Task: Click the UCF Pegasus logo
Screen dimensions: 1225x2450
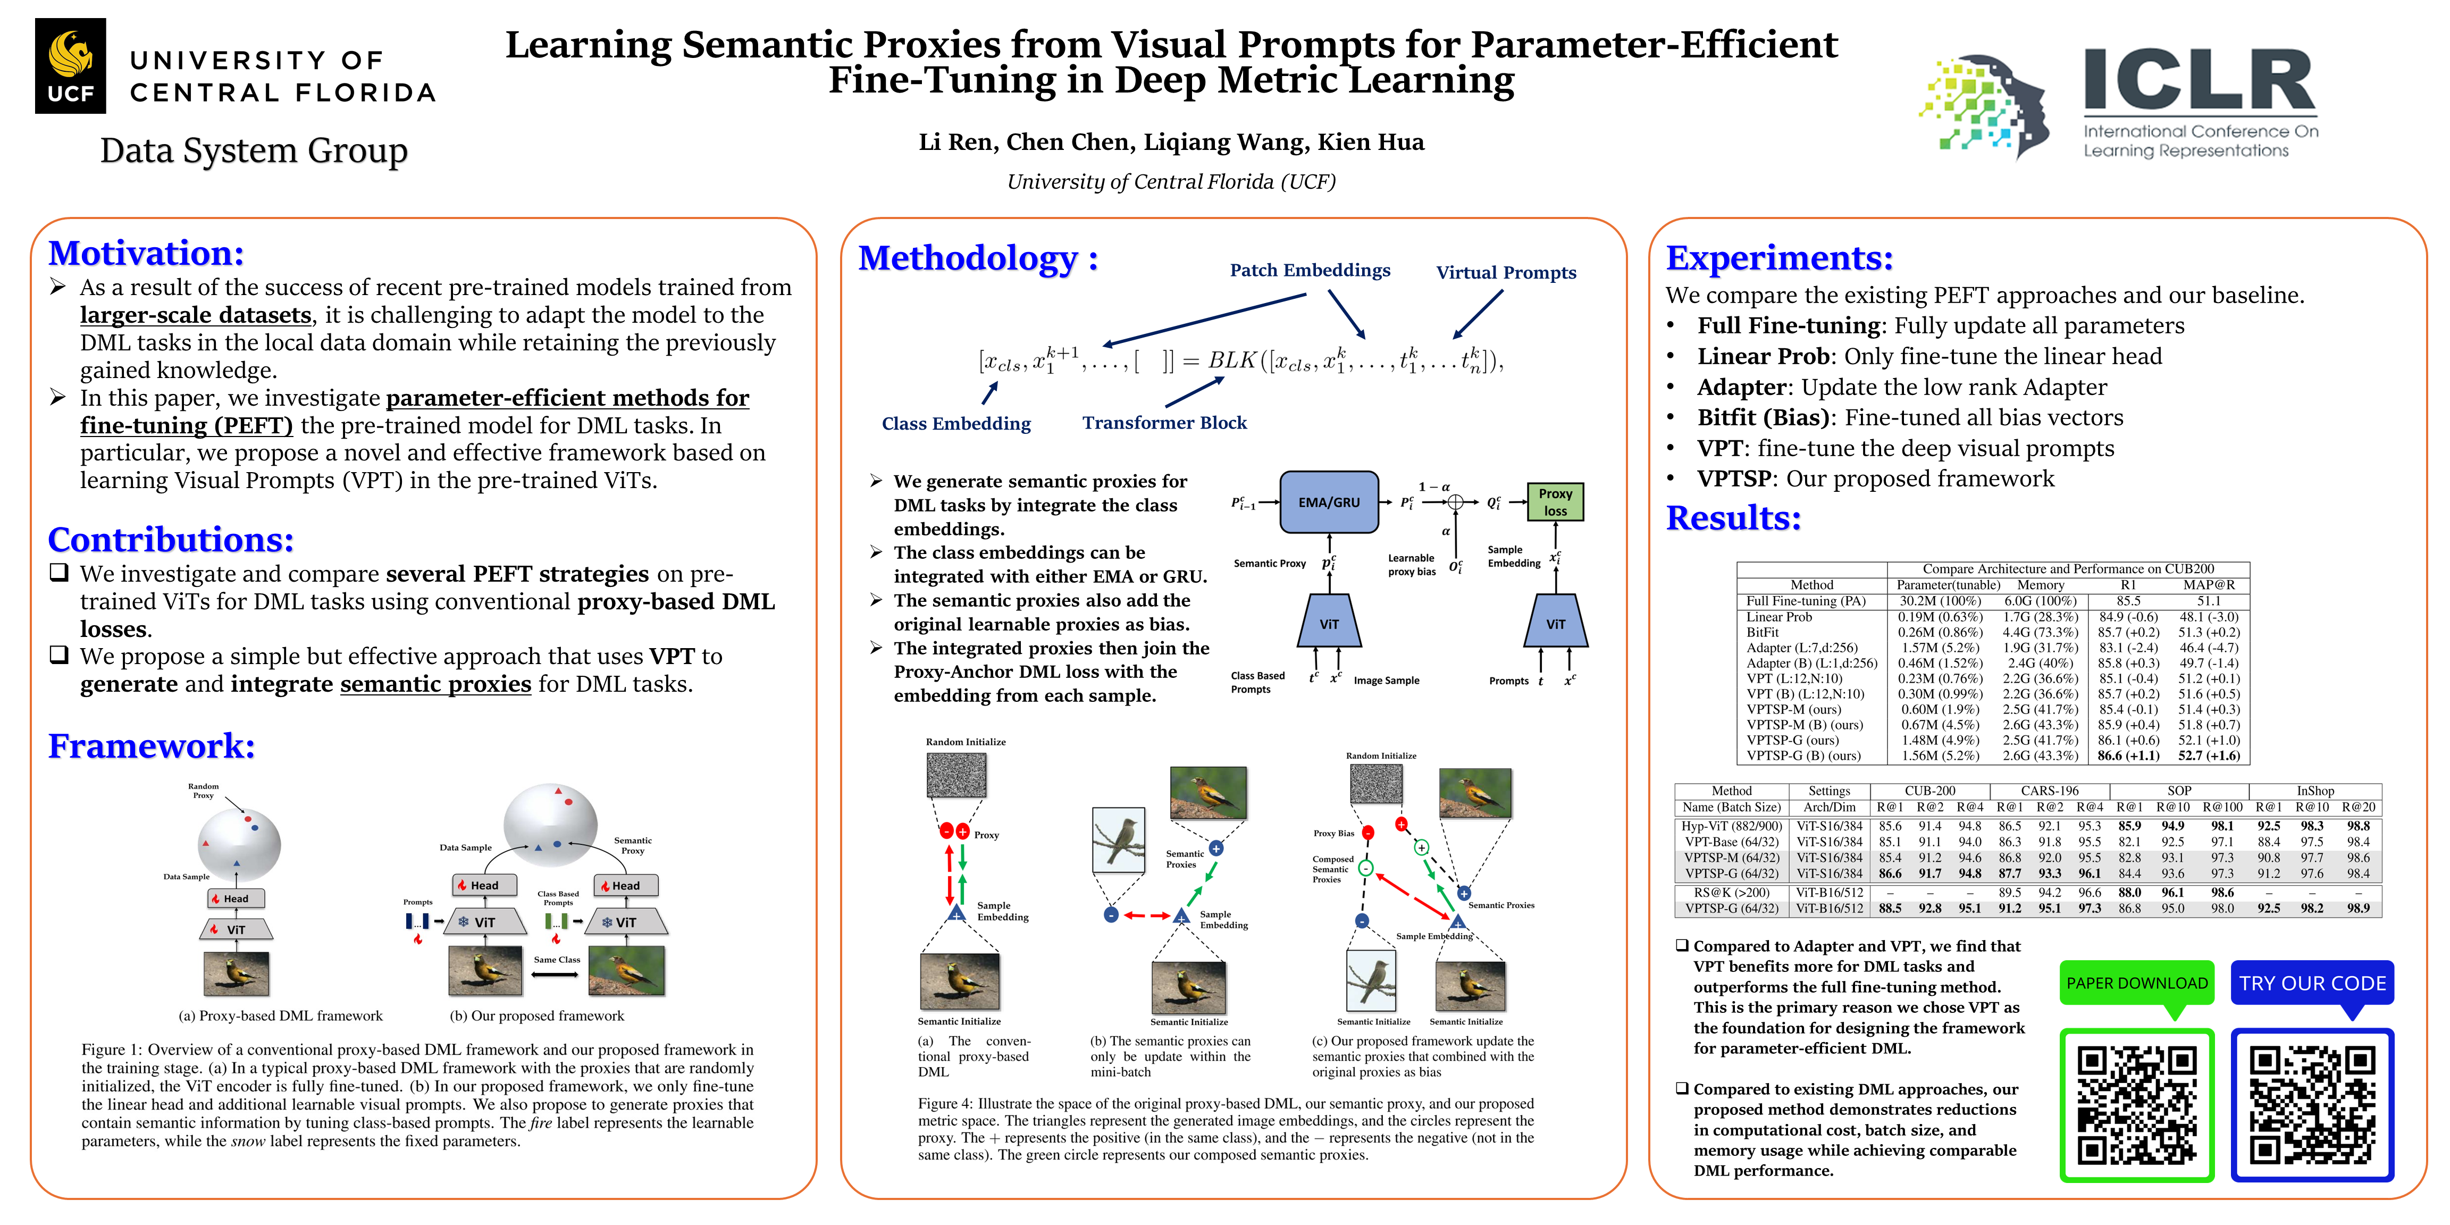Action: point(70,65)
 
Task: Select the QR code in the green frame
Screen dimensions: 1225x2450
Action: point(2136,1105)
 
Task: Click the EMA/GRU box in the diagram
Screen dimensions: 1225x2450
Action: point(1329,502)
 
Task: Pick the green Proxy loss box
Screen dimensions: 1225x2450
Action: point(1555,502)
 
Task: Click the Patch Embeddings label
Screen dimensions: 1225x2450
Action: point(1310,270)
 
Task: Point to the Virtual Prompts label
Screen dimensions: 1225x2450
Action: point(1506,273)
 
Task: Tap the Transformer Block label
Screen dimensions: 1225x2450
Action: point(1164,423)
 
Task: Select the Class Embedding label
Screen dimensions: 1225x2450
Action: point(956,424)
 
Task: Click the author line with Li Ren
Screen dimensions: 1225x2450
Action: point(1171,142)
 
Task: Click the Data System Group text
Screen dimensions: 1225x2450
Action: point(254,150)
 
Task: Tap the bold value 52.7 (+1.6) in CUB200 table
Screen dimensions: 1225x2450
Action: point(2209,756)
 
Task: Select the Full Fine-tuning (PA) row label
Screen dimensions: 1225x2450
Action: point(1805,601)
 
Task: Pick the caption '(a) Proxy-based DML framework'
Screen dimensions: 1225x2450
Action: point(281,1016)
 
